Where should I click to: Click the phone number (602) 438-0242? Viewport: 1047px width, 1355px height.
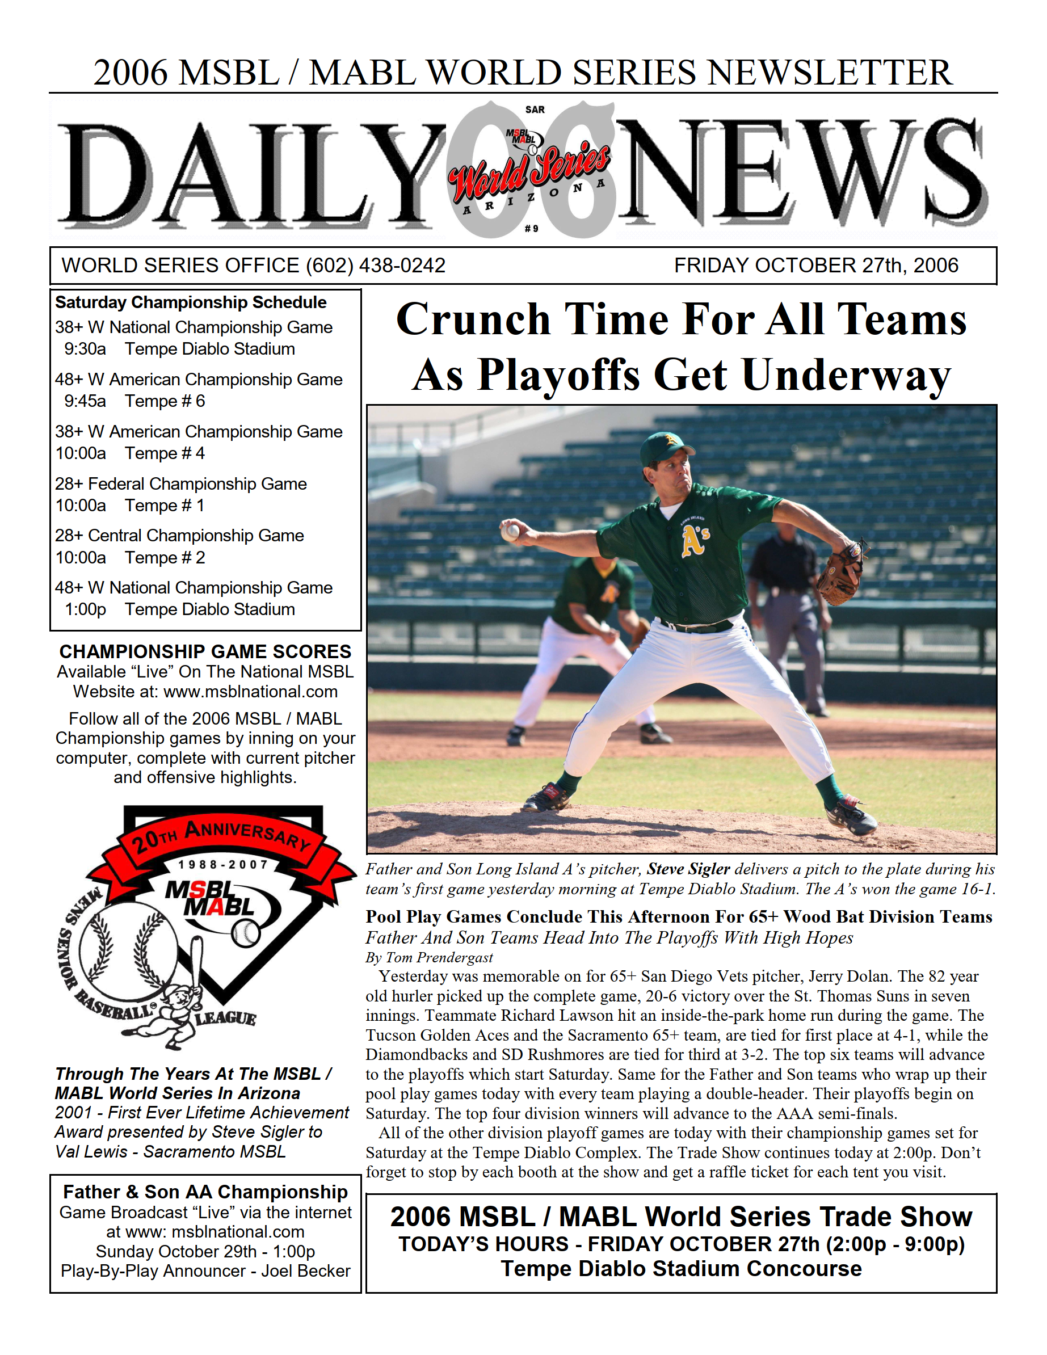(x=376, y=266)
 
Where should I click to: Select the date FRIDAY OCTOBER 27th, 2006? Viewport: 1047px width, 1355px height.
(x=815, y=266)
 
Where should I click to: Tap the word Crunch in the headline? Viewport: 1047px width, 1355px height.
(x=473, y=319)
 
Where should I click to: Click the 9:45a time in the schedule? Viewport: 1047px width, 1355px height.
(x=85, y=401)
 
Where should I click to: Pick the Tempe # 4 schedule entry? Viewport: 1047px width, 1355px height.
(x=165, y=453)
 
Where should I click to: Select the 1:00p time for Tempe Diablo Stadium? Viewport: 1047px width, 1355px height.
(x=85, y=610)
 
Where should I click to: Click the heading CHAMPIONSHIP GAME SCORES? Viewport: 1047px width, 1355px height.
(x=205, y=651)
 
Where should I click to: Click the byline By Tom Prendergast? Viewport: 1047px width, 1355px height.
(x=429, y=957)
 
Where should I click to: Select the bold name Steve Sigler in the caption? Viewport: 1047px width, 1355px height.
(x=688, y=869)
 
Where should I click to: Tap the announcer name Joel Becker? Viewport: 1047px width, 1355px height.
(x=305, y=1271)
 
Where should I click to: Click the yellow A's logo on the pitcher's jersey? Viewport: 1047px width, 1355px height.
(x=695, y=539)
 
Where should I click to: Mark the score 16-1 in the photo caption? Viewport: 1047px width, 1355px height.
(x=977, y=889)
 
